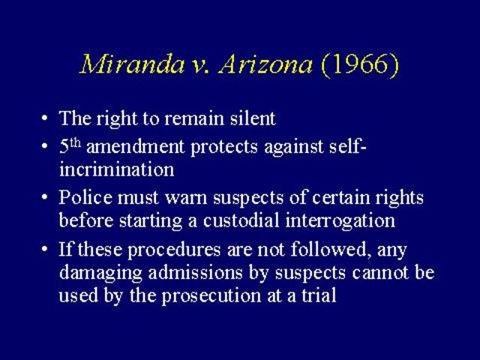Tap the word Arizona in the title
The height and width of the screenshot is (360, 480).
point(265,64)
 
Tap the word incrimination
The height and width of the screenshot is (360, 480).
point(116,169)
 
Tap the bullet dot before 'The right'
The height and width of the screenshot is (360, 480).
point(45,119)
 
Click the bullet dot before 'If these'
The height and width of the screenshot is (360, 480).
point(45,250)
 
